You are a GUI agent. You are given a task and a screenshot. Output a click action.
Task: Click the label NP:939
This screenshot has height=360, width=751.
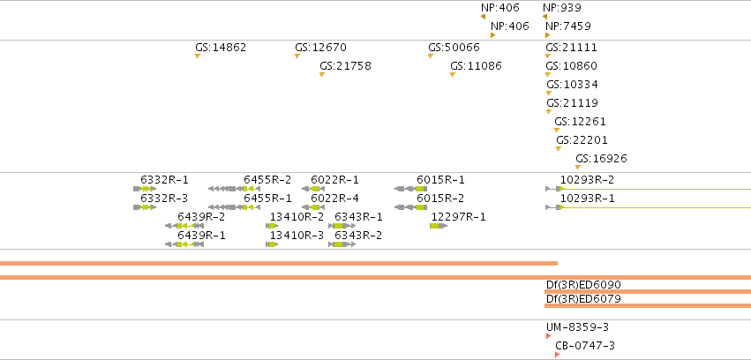pyautogui.click(x=562, y=8)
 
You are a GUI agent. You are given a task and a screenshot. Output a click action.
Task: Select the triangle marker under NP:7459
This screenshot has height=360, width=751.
pyautogui.click(x=547, y=35)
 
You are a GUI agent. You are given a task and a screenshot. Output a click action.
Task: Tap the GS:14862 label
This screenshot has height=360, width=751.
pyautogui.click(x=221, y=48)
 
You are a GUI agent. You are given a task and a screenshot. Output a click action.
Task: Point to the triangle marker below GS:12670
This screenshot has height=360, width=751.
pyautogui.click(x=297, y=56)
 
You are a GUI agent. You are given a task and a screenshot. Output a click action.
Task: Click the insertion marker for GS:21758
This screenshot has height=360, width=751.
pyautogui.click(x=322, y=75)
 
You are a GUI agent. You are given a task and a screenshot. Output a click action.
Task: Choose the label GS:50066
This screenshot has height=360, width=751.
pyautogui.click(x=454, y=48)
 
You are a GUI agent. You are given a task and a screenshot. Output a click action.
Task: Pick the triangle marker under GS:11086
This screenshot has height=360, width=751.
pyautogui.click(x=453, y=75)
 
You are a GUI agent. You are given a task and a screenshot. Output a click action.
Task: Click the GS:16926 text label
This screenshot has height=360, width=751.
pyautogui.click(x=601, y=159)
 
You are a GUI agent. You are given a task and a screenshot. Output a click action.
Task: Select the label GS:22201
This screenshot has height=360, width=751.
pyautogui.click(x=582, y=139)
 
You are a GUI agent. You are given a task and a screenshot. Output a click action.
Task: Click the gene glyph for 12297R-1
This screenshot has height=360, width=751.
pyautogui.click(x=439, y=226)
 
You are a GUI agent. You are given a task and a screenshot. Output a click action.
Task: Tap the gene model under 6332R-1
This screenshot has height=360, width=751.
pyautogui.click(x=145, y=189)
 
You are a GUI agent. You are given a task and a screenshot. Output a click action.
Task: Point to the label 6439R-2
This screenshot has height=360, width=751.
pyautogui.click(x=201, y=217)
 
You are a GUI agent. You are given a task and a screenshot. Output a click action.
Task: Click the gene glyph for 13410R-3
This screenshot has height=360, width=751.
pyautogui.click(x=272, y=244)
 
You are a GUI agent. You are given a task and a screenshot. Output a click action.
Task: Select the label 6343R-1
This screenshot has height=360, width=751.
pyautogui.click(x=359, y=217)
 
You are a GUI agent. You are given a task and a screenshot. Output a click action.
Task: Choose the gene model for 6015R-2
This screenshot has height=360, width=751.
pyautogui.click(x=410, y=207)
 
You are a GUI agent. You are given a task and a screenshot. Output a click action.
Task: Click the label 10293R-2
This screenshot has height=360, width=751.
pyautogui.click(x=587, y=180)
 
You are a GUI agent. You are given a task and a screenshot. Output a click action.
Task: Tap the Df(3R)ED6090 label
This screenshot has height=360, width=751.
pyautogui.click(x=583, y=285)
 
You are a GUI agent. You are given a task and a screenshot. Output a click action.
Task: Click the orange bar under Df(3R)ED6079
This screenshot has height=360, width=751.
pyautogui.click(x=648, y=305)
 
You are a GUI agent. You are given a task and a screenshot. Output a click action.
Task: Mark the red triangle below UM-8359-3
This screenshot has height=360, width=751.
pyautogui.click(x=548, y=336)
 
